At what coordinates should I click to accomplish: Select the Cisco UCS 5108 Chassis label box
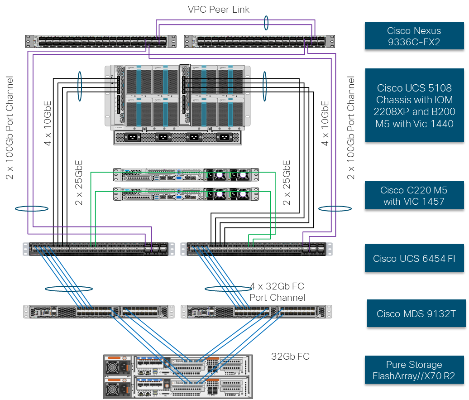414,105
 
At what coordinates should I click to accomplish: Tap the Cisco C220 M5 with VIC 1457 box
414,196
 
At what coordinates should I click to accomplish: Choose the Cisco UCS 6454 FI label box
414,259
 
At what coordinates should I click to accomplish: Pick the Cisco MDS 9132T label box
416,313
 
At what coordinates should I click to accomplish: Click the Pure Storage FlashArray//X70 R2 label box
413,370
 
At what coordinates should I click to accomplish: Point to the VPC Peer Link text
219,10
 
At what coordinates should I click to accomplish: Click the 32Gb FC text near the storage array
290,357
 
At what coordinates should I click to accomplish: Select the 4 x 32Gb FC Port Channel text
277,292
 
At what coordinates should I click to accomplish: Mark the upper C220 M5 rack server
186,175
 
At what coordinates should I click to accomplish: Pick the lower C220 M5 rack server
186,193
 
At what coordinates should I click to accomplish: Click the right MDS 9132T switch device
256,311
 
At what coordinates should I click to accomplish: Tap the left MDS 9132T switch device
99,311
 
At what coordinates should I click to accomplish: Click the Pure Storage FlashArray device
177,376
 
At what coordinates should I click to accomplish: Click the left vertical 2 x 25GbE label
79,183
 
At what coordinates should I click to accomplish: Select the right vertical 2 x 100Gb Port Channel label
351,128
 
